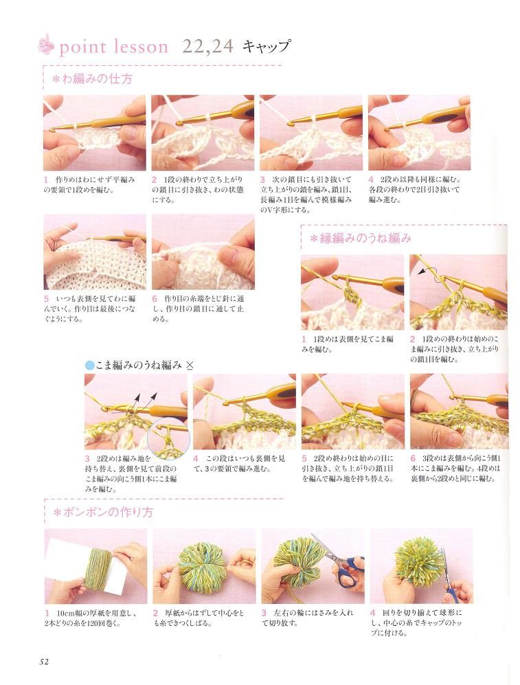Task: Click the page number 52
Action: (x=44, y=661)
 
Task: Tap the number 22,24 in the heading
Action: (x=208, y=46)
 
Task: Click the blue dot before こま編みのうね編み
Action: (x=89, y=366)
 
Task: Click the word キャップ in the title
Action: (x=267, y=46)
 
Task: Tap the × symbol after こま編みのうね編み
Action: (x=190, y=366)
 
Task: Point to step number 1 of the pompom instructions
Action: (x=47, y=613)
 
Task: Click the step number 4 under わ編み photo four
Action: (x=371, y=179)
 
